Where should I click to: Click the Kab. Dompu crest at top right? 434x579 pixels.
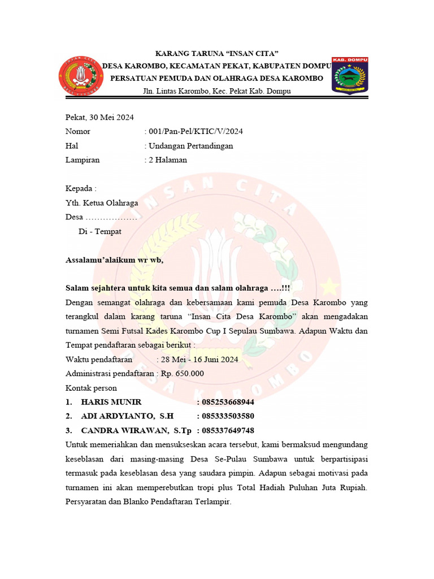350,76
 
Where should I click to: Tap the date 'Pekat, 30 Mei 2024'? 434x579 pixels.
99,118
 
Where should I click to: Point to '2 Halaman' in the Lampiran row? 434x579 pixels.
168,160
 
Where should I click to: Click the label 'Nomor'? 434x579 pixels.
78,132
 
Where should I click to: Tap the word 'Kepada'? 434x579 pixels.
80,189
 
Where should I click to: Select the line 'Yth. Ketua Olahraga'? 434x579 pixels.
102,203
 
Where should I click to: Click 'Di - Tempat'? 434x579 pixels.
99,232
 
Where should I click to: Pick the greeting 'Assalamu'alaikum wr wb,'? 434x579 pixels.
114,261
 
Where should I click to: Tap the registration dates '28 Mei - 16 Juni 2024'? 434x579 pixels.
199,360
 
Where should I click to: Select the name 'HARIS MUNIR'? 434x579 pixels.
111,402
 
